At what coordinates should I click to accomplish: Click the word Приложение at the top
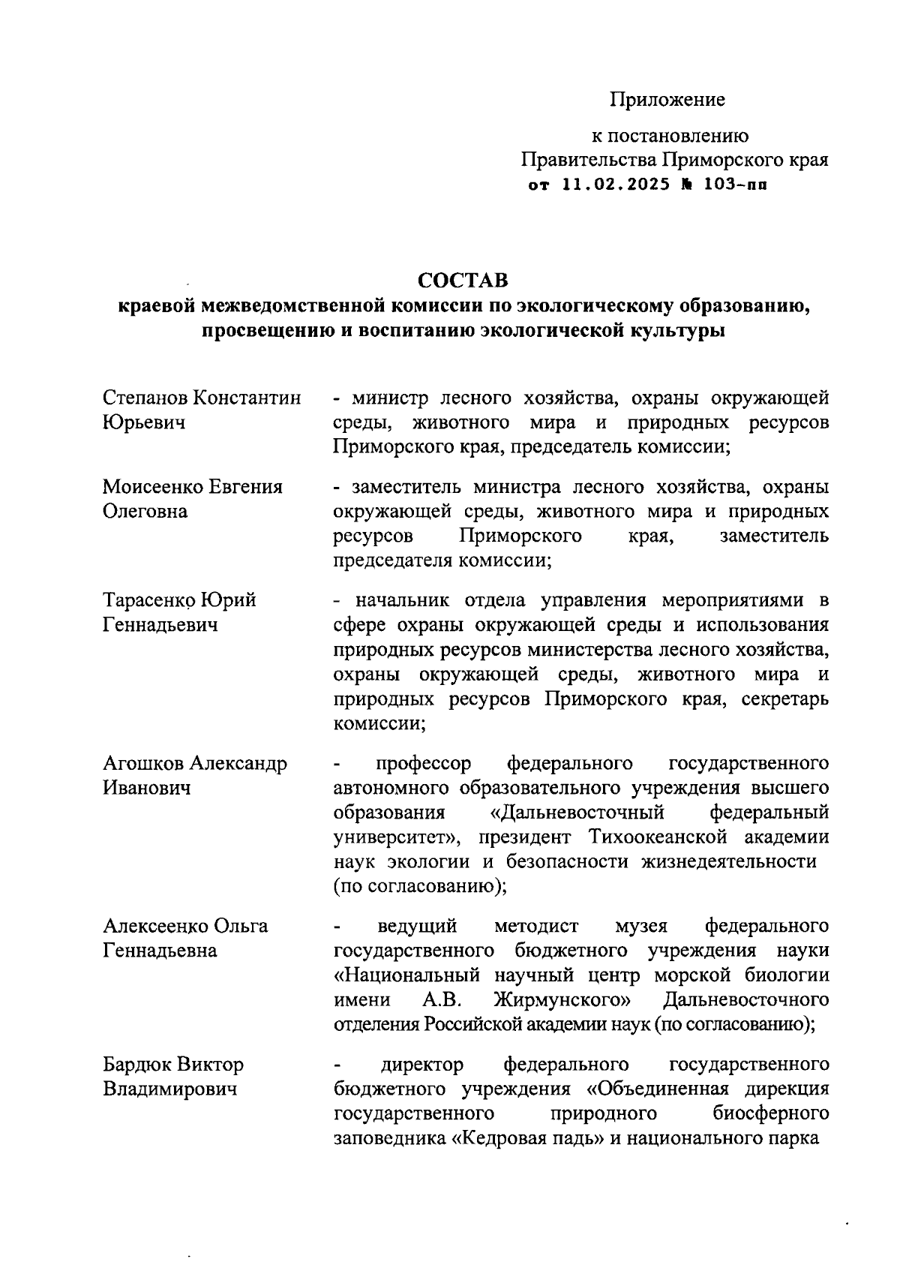[x=667, y=99]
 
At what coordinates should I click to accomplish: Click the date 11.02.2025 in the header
[x=616, y=185]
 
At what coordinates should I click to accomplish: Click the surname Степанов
[x=145, y=398]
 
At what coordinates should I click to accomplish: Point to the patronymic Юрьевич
[x=144, y=423]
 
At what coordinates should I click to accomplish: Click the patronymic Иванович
[x=146, y=789]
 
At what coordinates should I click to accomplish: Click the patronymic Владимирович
[x=169, y=1089]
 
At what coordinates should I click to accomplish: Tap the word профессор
[x=424, y=764]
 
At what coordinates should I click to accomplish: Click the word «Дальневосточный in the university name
[x=573, y=813]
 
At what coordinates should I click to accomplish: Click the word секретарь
[x=785, y=699]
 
